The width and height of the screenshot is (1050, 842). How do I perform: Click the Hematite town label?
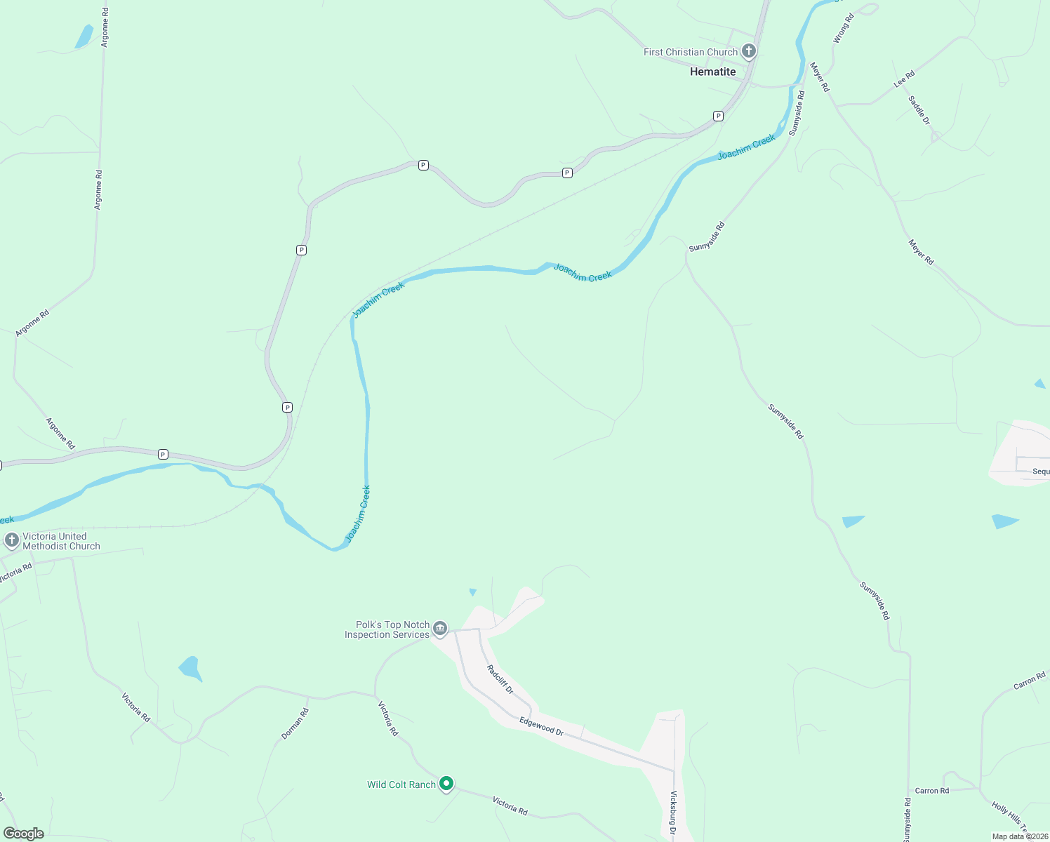712,72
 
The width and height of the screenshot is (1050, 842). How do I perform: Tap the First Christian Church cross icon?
749,51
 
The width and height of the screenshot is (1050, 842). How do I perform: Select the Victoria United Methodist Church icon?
12,540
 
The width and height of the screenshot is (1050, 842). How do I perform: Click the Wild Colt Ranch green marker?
446,784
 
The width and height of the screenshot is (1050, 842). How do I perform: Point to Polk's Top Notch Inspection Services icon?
440,629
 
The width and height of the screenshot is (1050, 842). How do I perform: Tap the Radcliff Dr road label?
500,680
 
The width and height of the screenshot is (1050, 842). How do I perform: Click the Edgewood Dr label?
541,726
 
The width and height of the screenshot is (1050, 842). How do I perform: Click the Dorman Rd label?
295,723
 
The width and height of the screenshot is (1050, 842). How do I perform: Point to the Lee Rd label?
904,79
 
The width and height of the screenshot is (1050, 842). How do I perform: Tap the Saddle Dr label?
919,110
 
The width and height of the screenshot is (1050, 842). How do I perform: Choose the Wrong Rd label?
843,29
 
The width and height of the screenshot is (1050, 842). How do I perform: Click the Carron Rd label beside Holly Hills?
931,791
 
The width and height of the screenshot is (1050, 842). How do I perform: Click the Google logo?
23,834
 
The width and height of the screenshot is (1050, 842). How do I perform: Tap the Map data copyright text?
1019,836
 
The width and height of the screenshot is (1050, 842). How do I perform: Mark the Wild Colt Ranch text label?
401,784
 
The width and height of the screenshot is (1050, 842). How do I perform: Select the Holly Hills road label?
1010,817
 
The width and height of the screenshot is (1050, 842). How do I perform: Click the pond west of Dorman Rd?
190,667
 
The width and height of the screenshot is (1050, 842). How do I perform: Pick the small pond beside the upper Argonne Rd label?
84,36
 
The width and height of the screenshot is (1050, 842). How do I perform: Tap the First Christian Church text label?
691,52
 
